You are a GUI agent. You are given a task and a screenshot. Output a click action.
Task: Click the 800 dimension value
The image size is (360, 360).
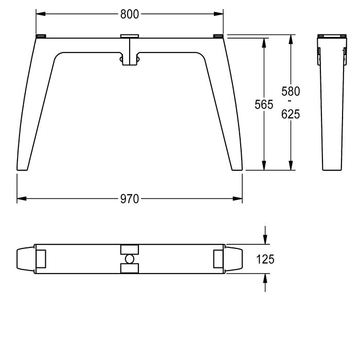click(x=130, y=14)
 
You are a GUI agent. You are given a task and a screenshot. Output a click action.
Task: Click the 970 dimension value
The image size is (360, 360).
click(x=130, y=199)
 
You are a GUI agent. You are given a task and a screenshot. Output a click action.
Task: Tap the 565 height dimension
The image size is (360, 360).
click(x=264, y=104)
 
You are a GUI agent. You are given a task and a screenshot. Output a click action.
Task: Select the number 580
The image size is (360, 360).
click(x=291, y=92)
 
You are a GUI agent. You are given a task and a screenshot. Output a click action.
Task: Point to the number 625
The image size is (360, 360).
click(x=291, y=114)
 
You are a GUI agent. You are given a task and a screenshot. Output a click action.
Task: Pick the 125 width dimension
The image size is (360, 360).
click(x=265, y=259)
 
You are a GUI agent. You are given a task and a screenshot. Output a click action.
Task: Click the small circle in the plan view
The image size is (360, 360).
click(x=130, y=259)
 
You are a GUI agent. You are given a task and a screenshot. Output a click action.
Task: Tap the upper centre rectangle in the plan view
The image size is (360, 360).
click(x=130, y=249)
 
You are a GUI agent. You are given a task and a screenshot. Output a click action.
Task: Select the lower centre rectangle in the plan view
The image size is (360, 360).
click(x=130, y=268)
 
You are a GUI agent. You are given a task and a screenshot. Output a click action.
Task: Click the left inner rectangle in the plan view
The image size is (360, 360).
click(x=41, y=259)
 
